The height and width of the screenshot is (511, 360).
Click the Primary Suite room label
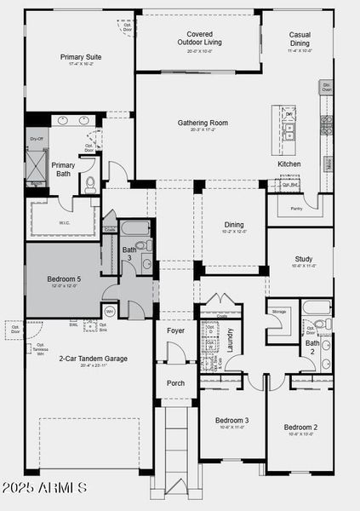coord(81,57)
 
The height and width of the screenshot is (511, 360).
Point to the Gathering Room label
coord(199,123)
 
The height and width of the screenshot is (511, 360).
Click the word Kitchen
coord(289,164)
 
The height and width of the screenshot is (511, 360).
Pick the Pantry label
coord(296,208)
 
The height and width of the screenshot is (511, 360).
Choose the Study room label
coord(304,260)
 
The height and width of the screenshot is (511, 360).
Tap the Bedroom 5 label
coord(65,278)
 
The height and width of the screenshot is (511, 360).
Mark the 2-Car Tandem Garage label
coord(94,359)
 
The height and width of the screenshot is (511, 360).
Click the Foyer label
coord(175,330)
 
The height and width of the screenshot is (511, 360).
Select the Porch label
coord(175,382)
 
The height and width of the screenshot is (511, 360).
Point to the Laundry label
coord(230,339)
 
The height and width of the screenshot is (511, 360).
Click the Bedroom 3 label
coord(231,420)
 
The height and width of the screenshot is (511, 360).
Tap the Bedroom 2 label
coord(300,427)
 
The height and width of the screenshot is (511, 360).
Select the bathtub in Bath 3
coord(137,227)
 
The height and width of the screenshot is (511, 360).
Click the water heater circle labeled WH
coord(110,312)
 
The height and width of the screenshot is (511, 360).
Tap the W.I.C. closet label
coord(65,224)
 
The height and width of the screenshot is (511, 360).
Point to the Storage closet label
coord(279,312)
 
